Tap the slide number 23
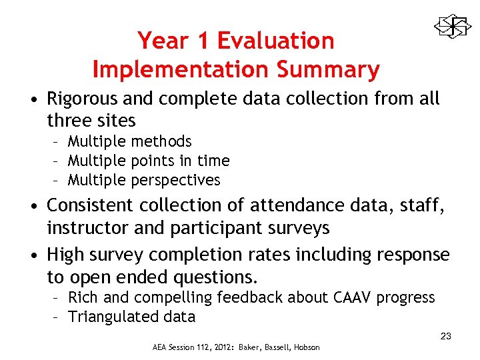click(446, 337)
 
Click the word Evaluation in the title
click(275, 41)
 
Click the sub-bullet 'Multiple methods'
click(129, 141)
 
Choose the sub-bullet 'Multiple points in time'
click(148, 161)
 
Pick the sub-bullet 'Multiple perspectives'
click(143, 180)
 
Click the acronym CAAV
click(351, 297)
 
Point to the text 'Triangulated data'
click(131, 317)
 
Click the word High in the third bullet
click(65, 255)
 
